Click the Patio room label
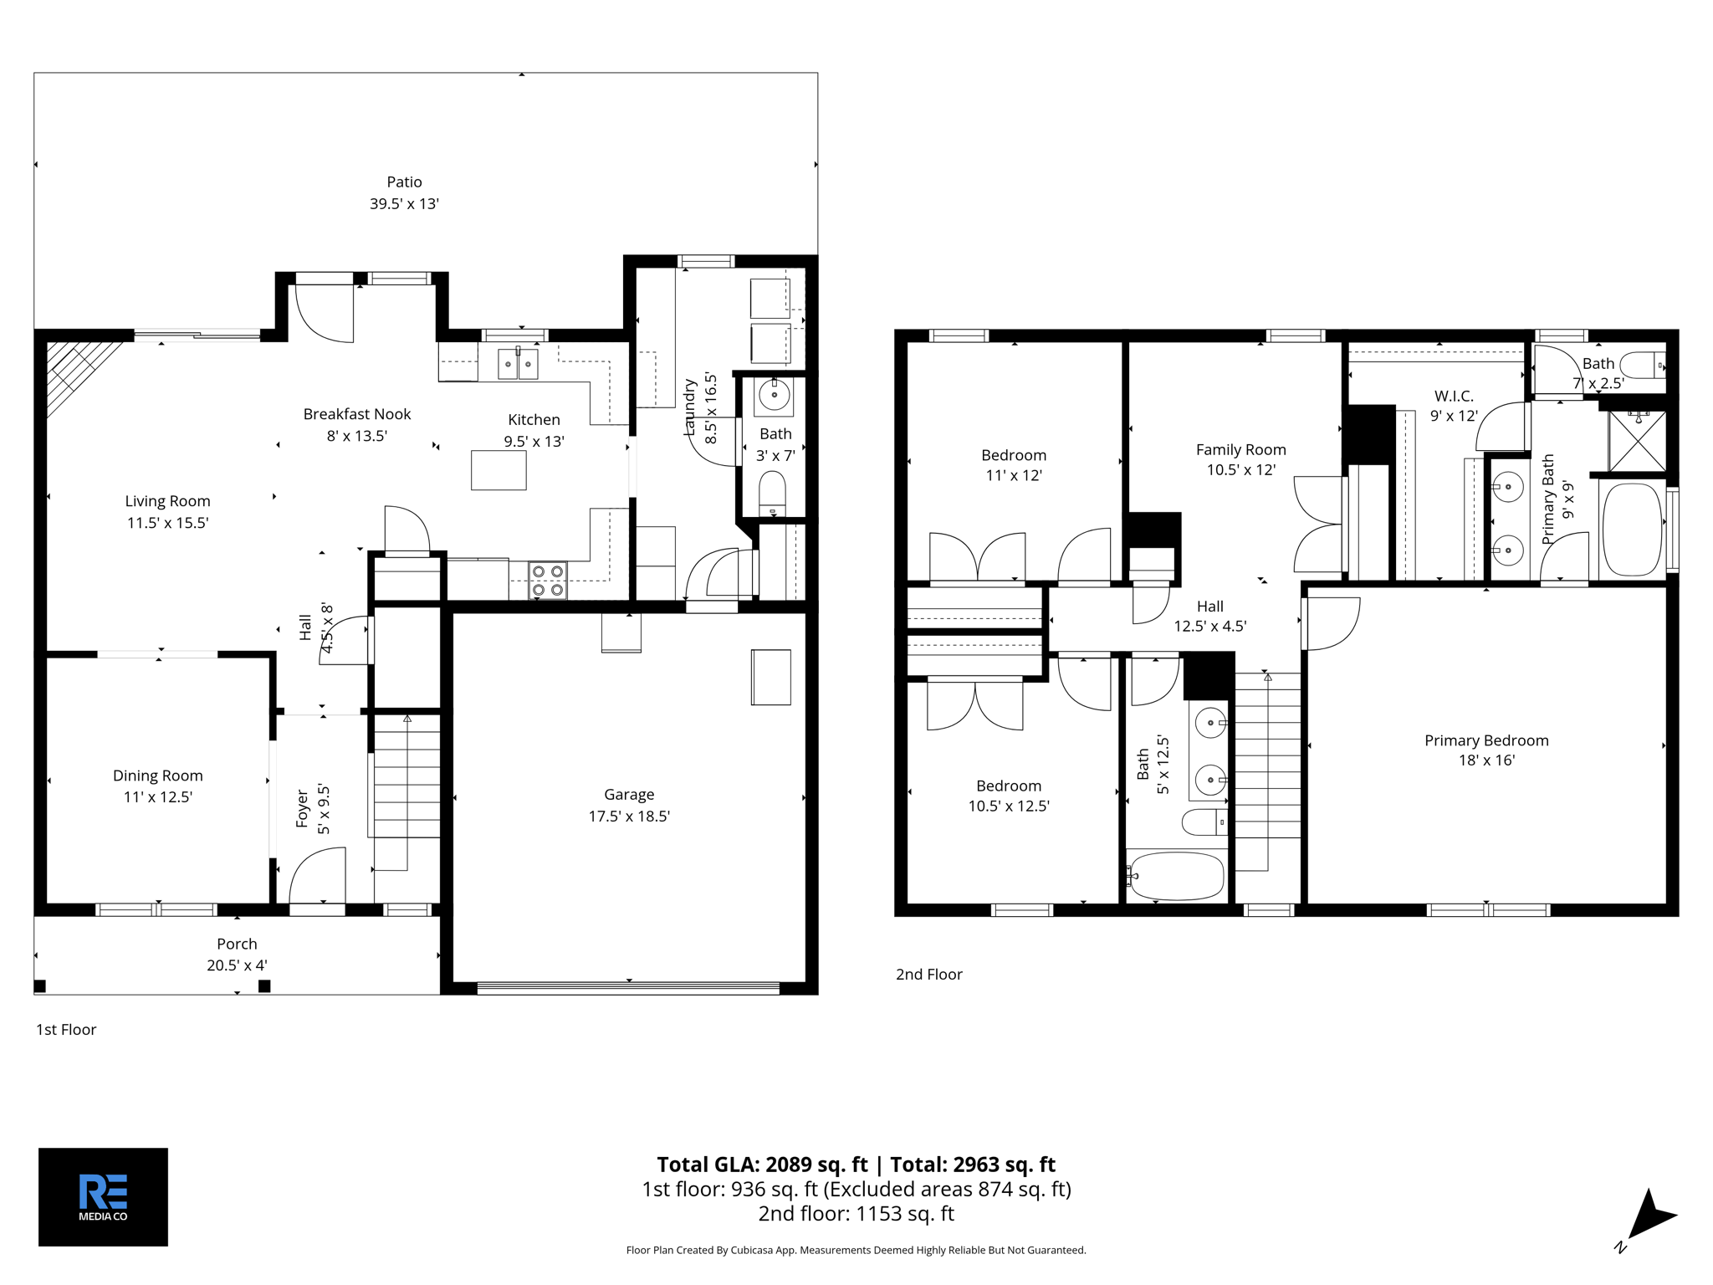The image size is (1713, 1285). (x=404, y=182)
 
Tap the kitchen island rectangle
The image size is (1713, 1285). (x=499, y=469)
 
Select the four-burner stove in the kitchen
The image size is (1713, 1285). (x=548, y=581)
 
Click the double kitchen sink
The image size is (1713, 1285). (x=518, y=364)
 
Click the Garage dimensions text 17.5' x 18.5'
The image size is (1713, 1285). (x=629, y=817)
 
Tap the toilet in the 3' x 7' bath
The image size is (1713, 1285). (x=772, y=494)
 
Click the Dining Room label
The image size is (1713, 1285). (x=158, y=776)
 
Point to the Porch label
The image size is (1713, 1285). (x=237, y=944)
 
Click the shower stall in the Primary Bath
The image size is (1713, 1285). (x=1637, y=441)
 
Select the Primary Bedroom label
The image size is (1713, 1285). (x=1486, y=740)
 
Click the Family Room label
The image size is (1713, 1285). (x=1240, y=450)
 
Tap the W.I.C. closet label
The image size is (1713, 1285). (x=1454, y=396)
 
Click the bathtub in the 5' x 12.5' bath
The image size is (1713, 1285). (x=1176, y=875)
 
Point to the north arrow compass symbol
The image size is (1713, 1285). (x=1648, y=1217)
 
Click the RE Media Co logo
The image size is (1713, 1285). (x=103, y=1196)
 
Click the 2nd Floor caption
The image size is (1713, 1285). (x=928, y=975)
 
